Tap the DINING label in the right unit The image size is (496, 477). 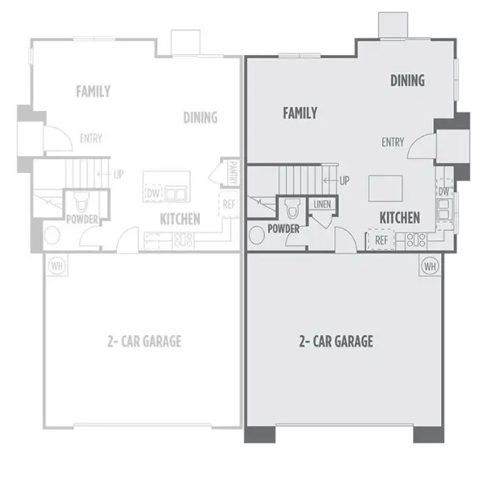(407, 81)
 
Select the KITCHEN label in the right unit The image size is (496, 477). (400, 218)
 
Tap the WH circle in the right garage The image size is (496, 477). (429, 266)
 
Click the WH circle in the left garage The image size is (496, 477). (56, 266)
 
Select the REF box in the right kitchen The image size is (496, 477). (381, 240)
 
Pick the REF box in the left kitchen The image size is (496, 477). (229, 205)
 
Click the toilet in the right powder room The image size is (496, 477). (292, 208)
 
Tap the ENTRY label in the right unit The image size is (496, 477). (392, 142)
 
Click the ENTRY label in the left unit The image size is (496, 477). (91, 140)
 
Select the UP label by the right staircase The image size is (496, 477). (344, 181)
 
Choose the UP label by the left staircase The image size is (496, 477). (118, 175)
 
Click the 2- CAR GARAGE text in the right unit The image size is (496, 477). (336, 341)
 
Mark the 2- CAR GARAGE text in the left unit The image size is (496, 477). (146, 341)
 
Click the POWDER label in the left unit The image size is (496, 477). (82, 219)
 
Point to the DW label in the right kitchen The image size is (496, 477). (444, 192)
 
